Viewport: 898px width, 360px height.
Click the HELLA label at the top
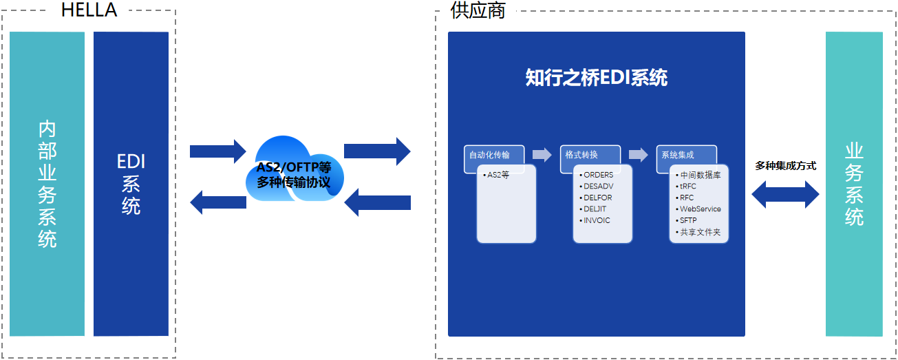(x=89, y=10)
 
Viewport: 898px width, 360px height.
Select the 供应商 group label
(x=477, y=10)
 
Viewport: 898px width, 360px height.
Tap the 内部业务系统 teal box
(x=47, y=184)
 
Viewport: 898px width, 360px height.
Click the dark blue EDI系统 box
(x=131, y=184)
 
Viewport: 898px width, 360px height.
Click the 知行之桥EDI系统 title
(x=596, y=78)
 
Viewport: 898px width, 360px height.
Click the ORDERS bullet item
(x=597, y=175)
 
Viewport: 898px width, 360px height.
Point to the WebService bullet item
(x=699, y=209)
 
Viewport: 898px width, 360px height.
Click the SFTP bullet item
(x=687, y=220)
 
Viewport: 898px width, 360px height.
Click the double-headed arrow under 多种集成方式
(x=785, y=195)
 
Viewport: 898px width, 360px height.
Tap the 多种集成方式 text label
(x=785, y=166)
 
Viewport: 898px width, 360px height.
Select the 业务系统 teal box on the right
(x=854, y=184)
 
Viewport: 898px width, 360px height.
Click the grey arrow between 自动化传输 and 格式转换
(x=542, y=155)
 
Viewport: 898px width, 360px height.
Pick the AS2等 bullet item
(x=498, y=175)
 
